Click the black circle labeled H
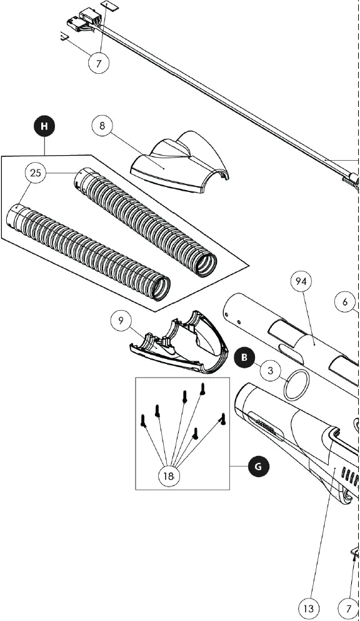pos(44,126)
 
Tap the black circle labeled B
pos(244,358)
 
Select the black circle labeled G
pos(258,466)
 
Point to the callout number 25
pos(36,173)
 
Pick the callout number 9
pos(121,321)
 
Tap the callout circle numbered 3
pos(270,370)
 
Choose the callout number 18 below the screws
pos(168,476)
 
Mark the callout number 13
pos(307,607)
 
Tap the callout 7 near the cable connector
pos(99,62)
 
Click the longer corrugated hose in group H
pos(87,253)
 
